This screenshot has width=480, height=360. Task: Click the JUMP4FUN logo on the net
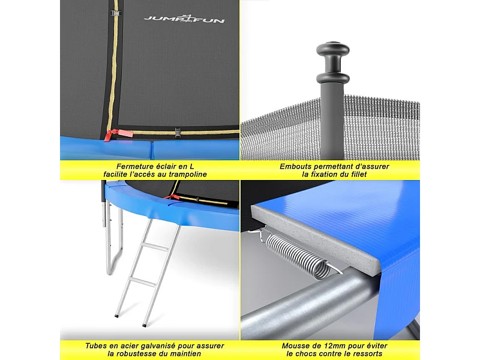coord(184,19)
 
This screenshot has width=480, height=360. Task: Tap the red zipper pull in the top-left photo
coord(109,136)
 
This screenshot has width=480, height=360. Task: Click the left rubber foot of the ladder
coord(116,315)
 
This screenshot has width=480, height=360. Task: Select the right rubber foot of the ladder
coord(145,325)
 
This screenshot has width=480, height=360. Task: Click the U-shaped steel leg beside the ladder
coord(110,252)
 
